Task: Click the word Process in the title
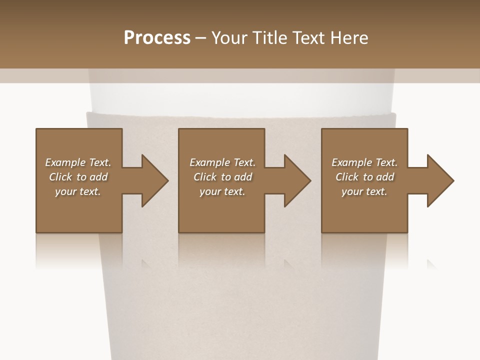pyautogui.click(x=157, y=38)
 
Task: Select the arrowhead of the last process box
pyautogui.click(x=440, y=180)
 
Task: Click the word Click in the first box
pyautogui.click(x=60, y=177)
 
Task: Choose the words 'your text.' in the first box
pyautogui.click(x=78, y=191)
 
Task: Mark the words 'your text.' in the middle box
pyautogui.click(x=222, y=191)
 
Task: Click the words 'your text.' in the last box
pyautogui.click(x=364, y=191)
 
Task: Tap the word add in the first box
pyautogui.click(x=98, y=177)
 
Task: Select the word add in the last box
pyautogui.click(x=385, y=177)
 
